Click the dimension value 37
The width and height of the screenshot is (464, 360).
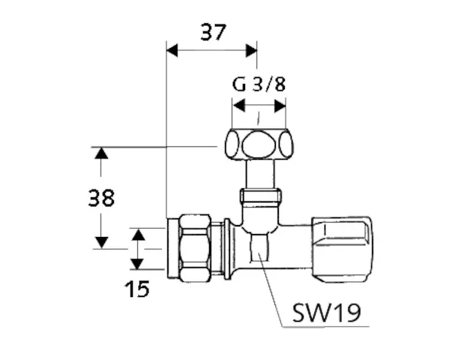[x=213, y=32]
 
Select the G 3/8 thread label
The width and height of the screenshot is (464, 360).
[x=259, y=84]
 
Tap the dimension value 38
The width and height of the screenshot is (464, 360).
[x=101, y=198]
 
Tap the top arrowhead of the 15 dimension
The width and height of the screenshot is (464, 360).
[x=136, y=234]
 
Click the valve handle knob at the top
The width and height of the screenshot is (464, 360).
[x=259, y=144]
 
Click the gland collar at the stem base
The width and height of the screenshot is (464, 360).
[x=259, y=200]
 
